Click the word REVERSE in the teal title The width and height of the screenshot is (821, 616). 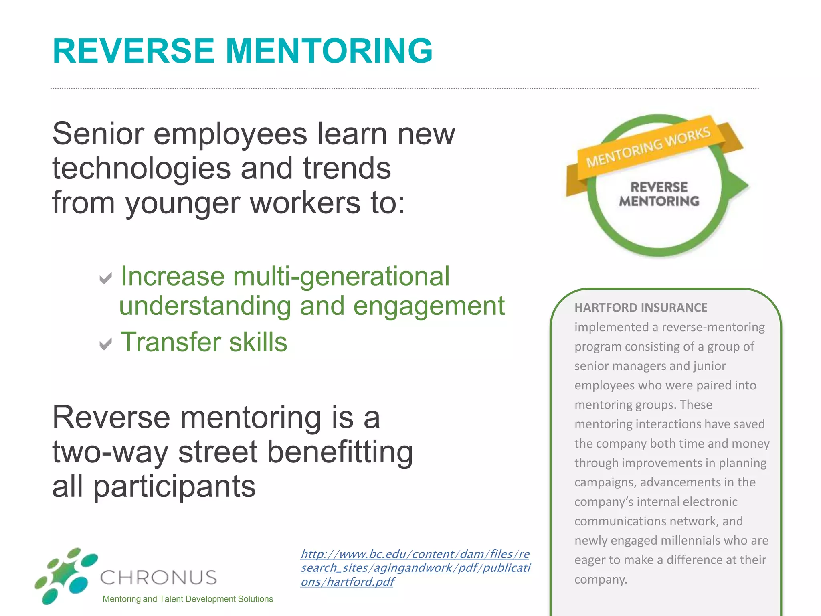tap(133, 51)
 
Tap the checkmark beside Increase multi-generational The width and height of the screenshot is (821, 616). tap(105, 278)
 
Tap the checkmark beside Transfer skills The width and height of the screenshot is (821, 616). tap(105, 344)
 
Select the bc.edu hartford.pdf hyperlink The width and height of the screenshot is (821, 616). tap(415, 567)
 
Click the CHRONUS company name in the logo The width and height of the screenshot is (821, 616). tap(158, 577)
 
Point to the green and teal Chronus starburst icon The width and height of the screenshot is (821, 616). tap(66, 575)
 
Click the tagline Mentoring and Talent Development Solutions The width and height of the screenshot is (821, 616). tap(188, 599)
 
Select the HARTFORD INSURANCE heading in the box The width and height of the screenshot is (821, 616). tap(641, 308)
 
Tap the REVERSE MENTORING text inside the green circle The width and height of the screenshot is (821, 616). tap(659, 194)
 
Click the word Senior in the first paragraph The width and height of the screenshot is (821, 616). tap(98, 134)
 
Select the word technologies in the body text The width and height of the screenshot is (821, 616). tap(142, 168)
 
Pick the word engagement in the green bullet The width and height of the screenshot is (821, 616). tap(429, 306)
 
